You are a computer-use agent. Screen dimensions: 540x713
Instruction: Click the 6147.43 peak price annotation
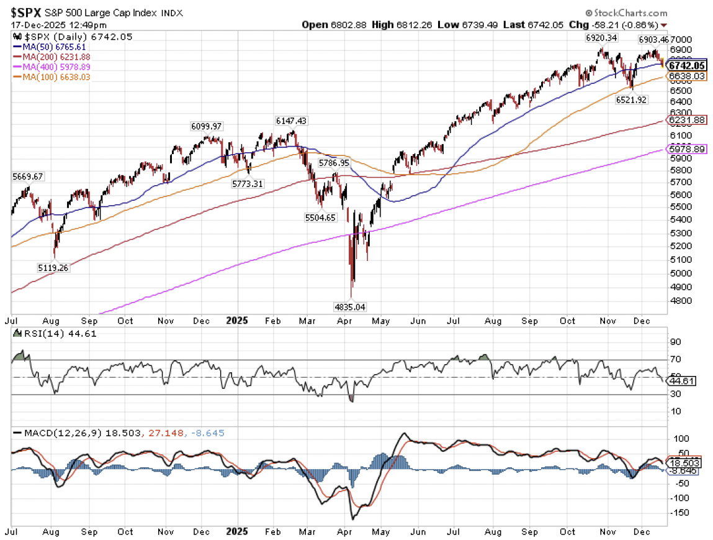[x=291, y=121]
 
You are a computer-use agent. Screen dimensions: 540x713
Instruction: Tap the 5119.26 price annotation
[x=53, y=268]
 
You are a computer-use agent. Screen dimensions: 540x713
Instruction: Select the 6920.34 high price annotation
[x=601, y=38]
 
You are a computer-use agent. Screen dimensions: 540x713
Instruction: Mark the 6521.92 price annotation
[x=631, y=99]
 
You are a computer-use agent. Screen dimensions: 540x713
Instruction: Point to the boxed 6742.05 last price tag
[x=687, y=65]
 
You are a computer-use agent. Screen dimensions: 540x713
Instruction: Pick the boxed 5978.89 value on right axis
[x=686, y=149]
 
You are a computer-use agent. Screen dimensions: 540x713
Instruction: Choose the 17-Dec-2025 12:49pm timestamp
[x=59, y=25]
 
